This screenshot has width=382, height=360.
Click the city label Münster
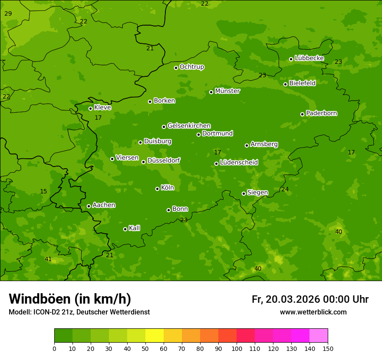tap(227, 91)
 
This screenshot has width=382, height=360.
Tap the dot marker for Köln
tap(157, 189)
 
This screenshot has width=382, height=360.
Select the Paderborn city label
tap(321, 113)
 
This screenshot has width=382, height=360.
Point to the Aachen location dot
tap(89, 206)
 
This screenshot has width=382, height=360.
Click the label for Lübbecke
tap(309, 58)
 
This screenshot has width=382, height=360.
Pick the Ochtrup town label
tap(191, 67)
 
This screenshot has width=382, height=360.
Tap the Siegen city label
tap(257, 193)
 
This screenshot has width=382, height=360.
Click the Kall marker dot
tap(125, 229)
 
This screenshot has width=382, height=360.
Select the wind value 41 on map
tap(48, 259)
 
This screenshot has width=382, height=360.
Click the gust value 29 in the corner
tap(8, 14)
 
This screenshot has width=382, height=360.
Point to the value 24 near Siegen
tap(285, 190)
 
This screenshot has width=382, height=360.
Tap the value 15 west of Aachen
tap(43, 192)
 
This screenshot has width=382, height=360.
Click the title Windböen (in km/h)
tap(69, 299)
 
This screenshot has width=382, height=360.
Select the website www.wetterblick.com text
tap(313, 312)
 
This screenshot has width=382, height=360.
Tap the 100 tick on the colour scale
tap(237, 348)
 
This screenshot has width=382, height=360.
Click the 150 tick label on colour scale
tap(328, 348)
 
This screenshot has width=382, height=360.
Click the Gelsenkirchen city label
tap(189, 126)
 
